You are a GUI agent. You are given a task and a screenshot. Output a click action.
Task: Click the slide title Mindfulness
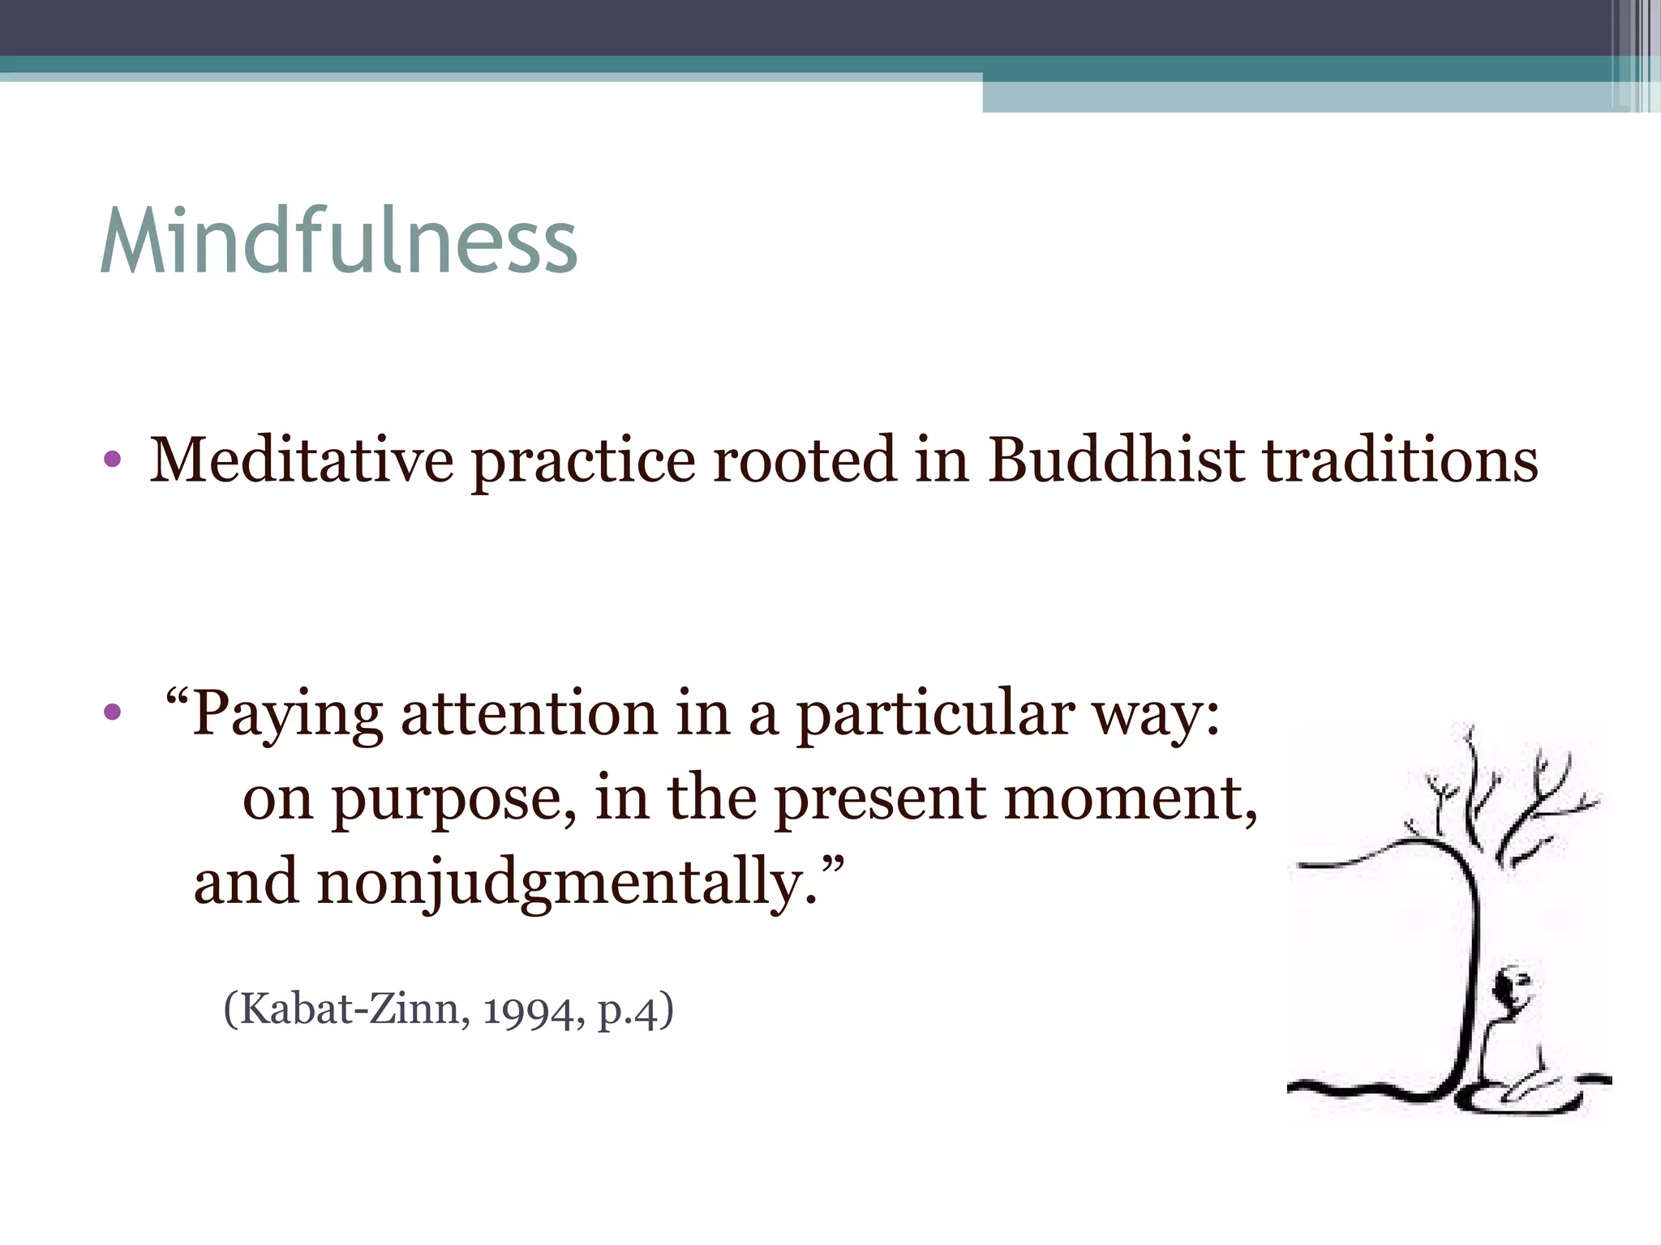point(339,242)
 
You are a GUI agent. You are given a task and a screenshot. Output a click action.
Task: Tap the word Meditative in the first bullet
point(301,460)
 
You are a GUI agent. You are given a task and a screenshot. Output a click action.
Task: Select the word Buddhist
point(1115,460)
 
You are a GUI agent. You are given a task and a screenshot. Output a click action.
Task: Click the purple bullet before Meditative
point(113,460)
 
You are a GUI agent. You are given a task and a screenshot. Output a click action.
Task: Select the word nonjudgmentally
point(560,883)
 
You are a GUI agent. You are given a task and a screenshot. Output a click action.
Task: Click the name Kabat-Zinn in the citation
point(350,1010)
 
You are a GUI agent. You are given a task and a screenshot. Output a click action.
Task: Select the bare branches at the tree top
point(1500,794)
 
